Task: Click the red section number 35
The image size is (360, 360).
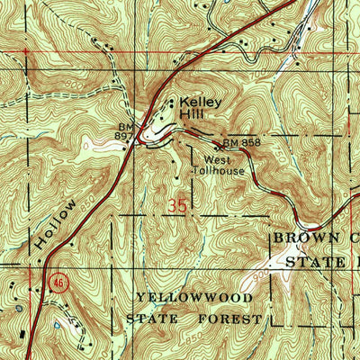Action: pos(178,207)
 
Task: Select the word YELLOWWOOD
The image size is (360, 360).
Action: pos(184,297)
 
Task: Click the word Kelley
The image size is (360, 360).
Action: pos(198,103)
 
